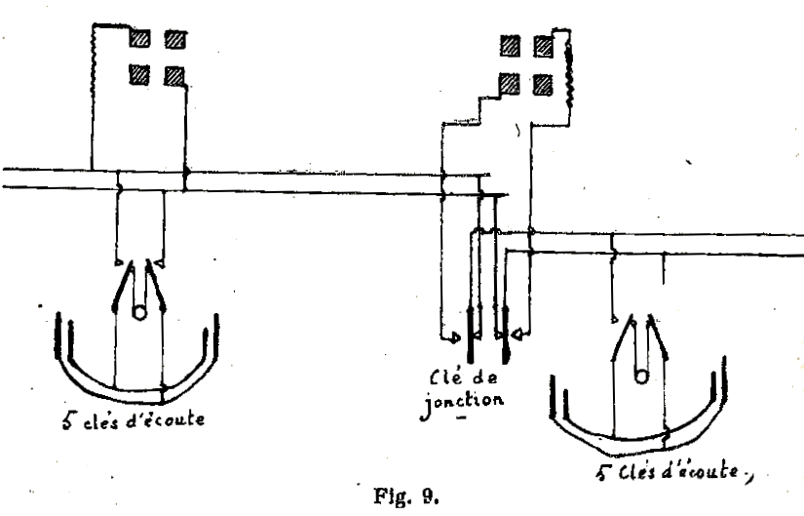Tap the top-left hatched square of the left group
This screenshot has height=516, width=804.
pyautogui.click(x=140, y=40)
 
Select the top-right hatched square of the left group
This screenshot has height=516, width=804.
pyautogui.click(x=174, y=40)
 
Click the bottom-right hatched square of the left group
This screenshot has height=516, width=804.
pyautogui.click(x=174, y=74)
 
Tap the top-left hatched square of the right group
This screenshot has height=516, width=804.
pyautogui.click(x=508, y=44)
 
